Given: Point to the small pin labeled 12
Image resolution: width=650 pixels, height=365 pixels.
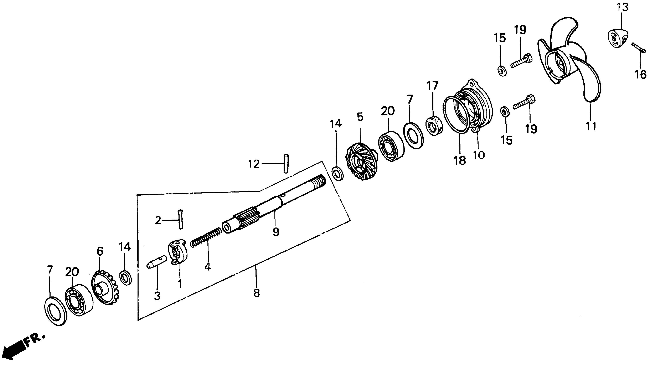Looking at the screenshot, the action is (286, 164).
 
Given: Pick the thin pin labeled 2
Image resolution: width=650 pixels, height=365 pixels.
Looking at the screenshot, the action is (180, 219).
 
